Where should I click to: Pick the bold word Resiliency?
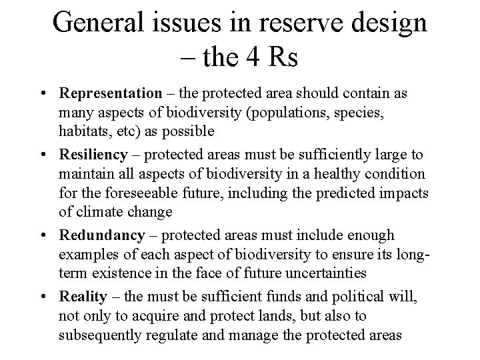(x=93, y=155)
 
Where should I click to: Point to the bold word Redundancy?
(x=101, y=235)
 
